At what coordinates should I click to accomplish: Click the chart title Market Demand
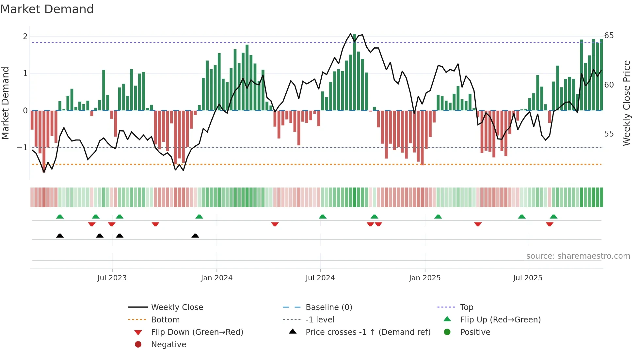tap(47, 9)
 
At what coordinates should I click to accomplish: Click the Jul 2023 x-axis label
tap(112, 278)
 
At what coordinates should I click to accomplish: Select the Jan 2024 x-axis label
tap(216, 278)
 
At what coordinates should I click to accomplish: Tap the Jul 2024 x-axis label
tap(320, 278)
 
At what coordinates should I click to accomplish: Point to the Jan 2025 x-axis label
tap(424, 278)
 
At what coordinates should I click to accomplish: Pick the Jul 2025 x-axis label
tap(527, 278)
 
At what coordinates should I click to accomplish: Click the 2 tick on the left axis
tap(25, 37)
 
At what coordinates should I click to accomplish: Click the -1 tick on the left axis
tap(23, 148)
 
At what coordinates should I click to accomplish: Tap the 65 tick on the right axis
tap(609, 36)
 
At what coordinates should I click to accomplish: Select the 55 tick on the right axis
tap(609, 134)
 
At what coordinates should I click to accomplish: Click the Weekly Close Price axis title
tap(626, 103)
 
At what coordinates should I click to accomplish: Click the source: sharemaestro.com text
tap(578, 256)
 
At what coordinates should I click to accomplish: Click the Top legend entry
tap(466, 307)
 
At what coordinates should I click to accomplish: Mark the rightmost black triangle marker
tap(195, 236)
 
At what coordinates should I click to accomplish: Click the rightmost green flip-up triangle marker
tap(553, 217)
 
